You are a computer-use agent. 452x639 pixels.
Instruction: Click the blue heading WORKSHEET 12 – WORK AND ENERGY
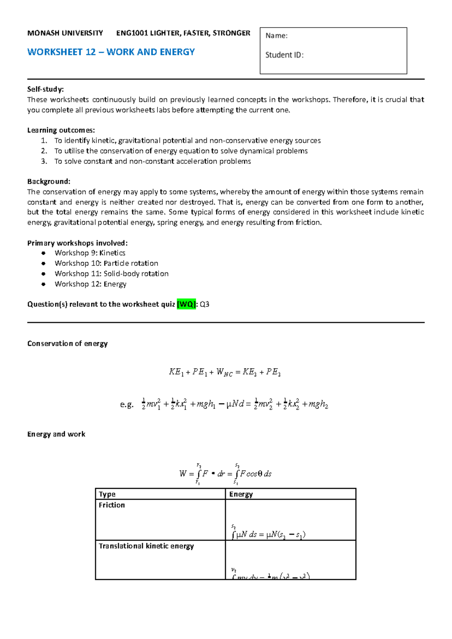111,52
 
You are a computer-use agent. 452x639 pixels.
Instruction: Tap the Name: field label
276,36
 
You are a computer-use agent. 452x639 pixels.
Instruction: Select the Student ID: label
284,55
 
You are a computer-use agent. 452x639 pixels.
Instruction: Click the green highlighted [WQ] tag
186,304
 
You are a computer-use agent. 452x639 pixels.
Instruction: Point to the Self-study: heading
46,89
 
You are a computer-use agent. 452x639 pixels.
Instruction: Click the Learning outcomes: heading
61,130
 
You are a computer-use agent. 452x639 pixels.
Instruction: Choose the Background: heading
49,181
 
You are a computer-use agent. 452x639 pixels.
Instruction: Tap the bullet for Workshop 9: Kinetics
44,253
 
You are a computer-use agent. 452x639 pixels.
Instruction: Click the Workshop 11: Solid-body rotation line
111,274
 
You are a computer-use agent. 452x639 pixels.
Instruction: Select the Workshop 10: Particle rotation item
106,263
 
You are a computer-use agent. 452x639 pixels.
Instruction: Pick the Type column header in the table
107,494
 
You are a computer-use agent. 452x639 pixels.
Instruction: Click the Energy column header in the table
241,494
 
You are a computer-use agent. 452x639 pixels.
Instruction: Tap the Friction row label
111,505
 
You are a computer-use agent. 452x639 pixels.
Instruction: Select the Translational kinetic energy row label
146,546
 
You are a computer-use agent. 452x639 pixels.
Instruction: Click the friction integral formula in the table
268,534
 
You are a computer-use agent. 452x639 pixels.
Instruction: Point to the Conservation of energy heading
67,343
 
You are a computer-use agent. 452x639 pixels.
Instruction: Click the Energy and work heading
56,434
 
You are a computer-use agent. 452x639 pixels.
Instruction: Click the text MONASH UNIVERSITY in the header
65,33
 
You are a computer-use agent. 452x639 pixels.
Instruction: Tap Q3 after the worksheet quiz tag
205,304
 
